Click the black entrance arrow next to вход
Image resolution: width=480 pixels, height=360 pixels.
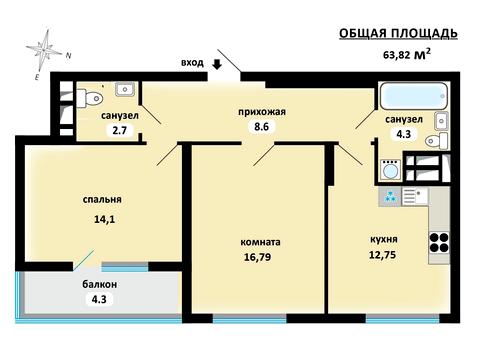click(216, 67)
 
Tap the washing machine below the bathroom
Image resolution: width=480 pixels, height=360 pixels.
click(390, 167)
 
